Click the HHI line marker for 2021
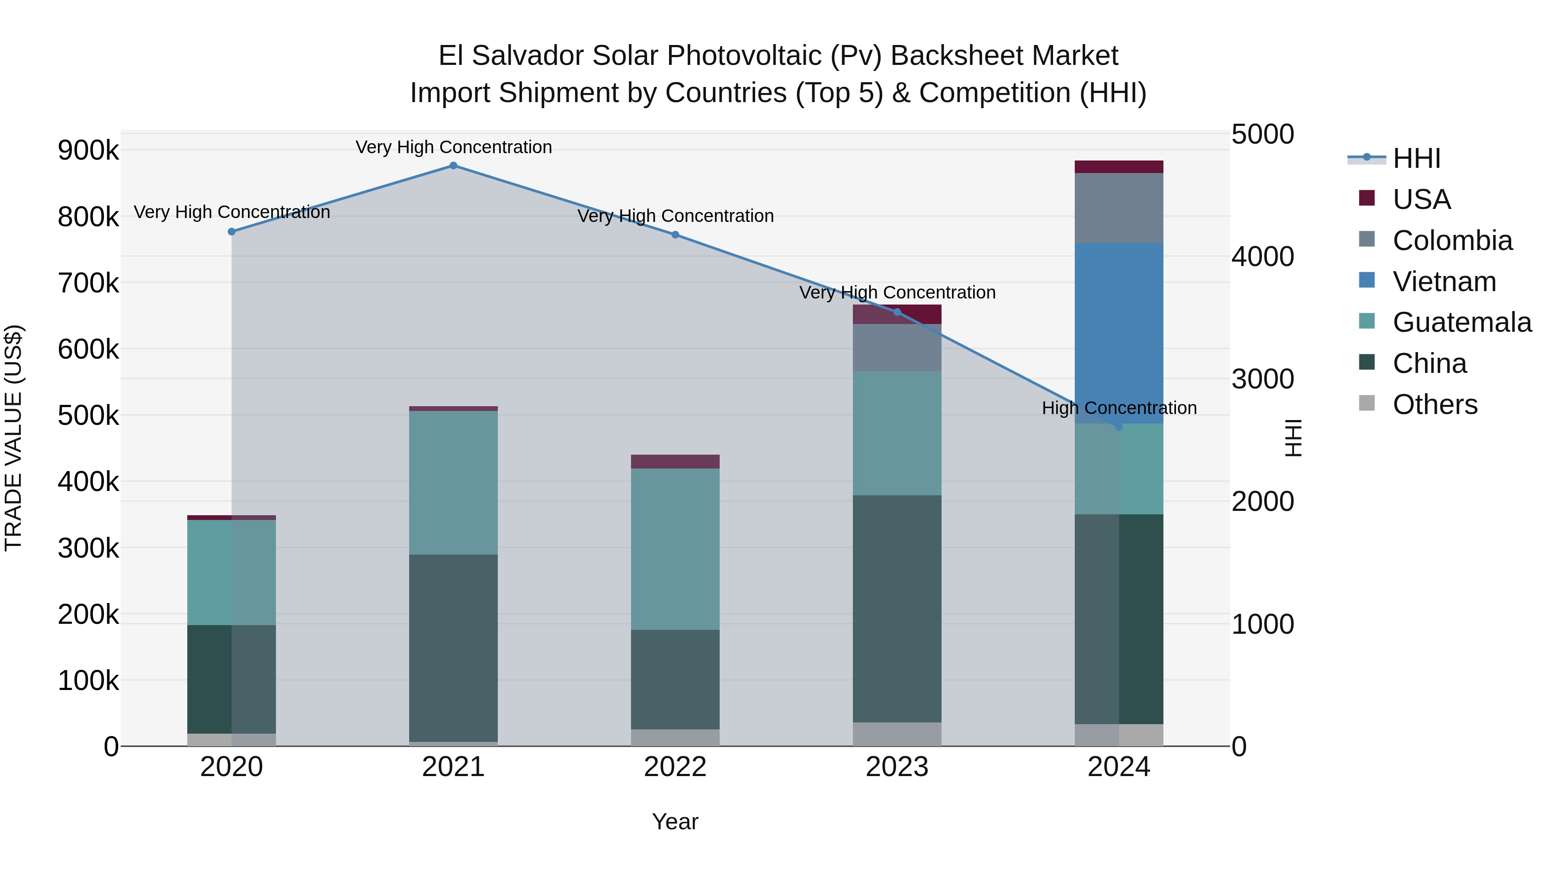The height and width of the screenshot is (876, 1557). [x=453, y=166]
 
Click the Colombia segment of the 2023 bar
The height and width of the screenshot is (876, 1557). [x=897, y=348]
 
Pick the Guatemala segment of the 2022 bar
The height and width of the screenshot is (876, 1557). [x=675, y=549]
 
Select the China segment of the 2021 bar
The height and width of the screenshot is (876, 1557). [x=453, y=648]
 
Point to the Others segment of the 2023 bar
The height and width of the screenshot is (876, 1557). [x=897, y=734]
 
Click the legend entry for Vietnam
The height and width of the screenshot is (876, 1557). [x=1443, y=282]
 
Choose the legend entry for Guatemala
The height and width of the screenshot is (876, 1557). [x=1461, y=322]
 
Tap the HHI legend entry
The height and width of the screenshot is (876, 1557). [x=1416, y=158]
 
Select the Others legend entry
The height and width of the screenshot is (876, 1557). [x=1434, y=404]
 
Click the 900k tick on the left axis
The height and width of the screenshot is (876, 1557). [x=88, y=150]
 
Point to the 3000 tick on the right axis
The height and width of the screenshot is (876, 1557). [x=1262, y=379]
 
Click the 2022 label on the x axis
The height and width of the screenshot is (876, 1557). [x=675, y=767]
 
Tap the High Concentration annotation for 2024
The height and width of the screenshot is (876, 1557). [x=1119, y=408]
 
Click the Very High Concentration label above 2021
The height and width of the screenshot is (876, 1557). [x=453, y=147]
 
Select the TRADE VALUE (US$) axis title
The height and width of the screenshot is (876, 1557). [x=13, y=438]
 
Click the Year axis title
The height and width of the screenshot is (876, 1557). [x=675, y=821]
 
